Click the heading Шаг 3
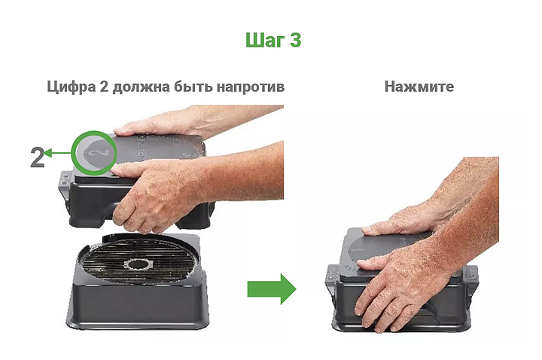pyautogui.click(x=273, y=40)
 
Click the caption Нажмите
pyautogui.click(x=419, y=87)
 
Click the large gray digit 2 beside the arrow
pyautogui.click(x=38, y=157)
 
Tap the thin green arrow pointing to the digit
pyautogui.click(x=57, y=153)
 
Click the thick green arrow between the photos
pyautogui.click(x=272, y=289)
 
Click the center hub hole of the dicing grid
pyautogui.click(x=139, y=265)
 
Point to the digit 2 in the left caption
pyautogui.click(x=104, y=87)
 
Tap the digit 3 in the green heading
pyautogui.click(x=296, y=40)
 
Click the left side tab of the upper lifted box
pyautogui.click(x=65, y=181)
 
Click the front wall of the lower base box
pyautogui.click(x=139, y=305)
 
